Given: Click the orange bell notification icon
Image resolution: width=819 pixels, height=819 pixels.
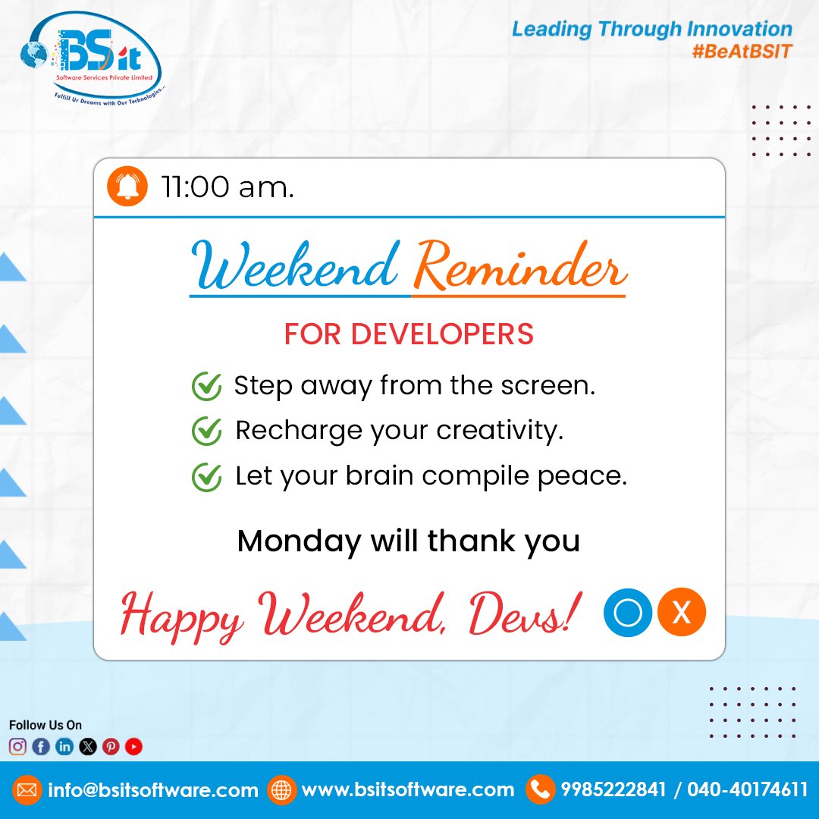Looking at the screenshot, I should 127,187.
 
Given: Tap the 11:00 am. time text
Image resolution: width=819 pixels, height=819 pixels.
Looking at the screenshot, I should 227,187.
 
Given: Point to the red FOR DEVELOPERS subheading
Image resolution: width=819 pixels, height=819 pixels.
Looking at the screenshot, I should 409,334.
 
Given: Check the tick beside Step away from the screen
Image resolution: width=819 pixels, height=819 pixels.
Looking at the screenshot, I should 206,387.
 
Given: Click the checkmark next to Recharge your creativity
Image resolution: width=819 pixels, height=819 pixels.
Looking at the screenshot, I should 206,431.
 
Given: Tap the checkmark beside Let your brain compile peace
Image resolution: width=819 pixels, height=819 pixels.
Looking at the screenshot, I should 206,477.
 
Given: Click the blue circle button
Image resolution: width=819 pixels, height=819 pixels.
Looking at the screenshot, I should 628,612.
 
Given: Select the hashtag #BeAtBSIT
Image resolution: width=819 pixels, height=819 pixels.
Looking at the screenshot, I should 742,52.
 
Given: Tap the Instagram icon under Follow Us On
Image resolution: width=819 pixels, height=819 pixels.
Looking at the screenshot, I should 17,747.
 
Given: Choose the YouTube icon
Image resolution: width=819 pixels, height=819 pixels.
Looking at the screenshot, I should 134,747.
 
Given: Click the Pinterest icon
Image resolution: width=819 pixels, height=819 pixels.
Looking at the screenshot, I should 111,747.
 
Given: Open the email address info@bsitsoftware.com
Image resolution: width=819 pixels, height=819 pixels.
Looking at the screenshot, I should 152,790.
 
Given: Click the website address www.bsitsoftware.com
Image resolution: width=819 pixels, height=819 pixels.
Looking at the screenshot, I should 408,790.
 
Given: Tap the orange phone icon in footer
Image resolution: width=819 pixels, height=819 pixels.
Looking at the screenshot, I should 540,790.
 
